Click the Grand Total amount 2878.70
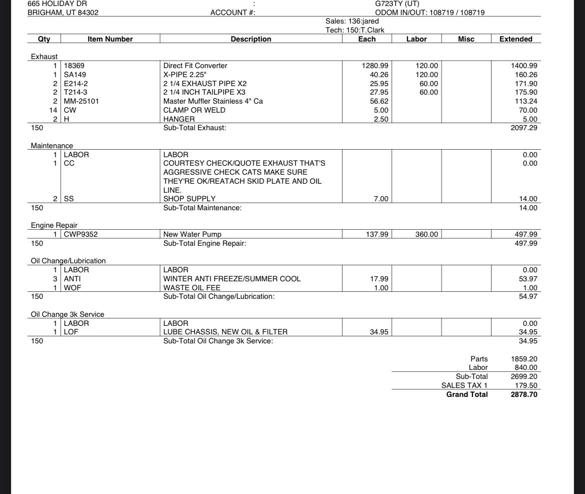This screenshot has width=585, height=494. tap(524, 394)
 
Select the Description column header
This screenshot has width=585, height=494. tap(251, 39)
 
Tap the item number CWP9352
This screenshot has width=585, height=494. tap(81, 234)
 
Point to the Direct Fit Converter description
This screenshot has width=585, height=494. tap(195, 66)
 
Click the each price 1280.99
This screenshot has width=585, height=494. tap(374, 66)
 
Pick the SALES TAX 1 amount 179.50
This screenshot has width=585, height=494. tap(526, 385)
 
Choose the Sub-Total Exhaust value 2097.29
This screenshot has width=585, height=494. tap(524, 128)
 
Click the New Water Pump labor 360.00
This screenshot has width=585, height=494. tap(426, 234)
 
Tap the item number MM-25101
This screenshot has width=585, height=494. tap(81, 101)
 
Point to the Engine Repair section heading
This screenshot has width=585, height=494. tap(54, 225)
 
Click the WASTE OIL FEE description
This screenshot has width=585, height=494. tap(192, 288)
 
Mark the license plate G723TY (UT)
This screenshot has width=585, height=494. tap(397, 4)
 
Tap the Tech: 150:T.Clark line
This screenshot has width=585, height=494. tap(355, 30)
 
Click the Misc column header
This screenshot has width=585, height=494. tap(466, 39)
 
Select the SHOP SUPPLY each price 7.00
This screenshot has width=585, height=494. tap(381, 199)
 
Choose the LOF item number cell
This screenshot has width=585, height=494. tap(71, 332)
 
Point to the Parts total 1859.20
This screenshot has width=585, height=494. tap(524, 359)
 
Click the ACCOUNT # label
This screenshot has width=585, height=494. tap(232, 13)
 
